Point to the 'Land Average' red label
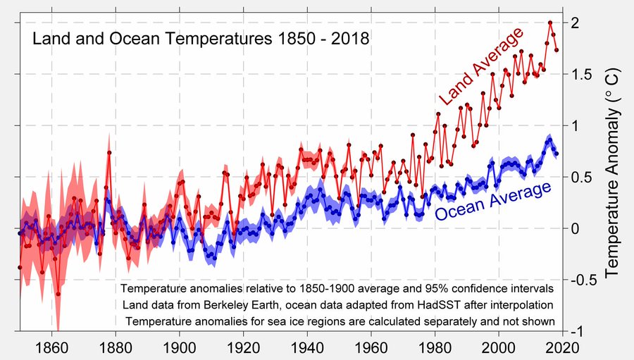(x=481, y=68)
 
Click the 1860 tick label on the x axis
(x=54, y=347)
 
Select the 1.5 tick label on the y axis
(x=579, y=75)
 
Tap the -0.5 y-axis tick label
(x=582, y=280)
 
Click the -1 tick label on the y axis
(x=577, y=331)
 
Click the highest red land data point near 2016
(x=549, y=23)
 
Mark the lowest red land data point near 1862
(x=58, y=294)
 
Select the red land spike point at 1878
(x=109, y=152)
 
